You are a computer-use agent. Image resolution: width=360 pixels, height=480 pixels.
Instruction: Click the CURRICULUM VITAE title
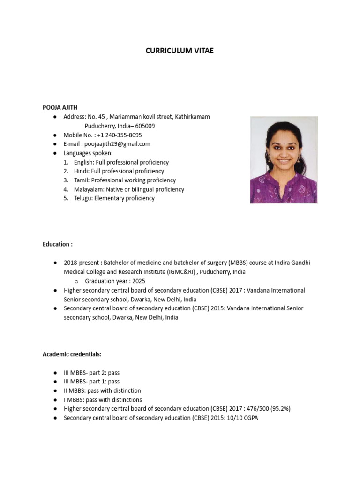(180, 51)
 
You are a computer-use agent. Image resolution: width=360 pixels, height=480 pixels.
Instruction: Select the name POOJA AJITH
(60, 107)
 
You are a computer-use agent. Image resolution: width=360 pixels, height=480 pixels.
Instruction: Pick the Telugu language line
(114, 198)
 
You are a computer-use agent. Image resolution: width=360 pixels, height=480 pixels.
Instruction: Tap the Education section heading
(58, 244)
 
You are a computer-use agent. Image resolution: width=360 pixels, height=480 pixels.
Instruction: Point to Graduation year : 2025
(115, 281)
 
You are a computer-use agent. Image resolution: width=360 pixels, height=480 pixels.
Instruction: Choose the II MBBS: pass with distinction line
(102, 390)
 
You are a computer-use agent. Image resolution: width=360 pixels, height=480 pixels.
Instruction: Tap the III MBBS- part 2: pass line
(91, 373)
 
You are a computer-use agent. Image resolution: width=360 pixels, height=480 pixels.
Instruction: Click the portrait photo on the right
(284, 160)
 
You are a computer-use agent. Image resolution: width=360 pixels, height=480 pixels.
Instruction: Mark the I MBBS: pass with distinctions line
(103, 400)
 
